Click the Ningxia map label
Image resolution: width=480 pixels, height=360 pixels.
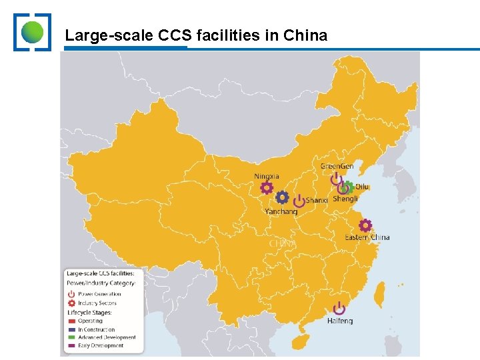pos(267,176)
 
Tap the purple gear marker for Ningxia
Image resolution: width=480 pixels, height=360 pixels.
pos(267,188)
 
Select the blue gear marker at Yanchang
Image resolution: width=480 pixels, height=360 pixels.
pos(282,197)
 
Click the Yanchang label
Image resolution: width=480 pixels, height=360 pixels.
pos(281,211)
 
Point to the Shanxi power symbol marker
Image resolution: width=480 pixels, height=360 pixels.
pos(299,201)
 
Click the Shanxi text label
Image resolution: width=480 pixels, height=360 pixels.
pos(317,200)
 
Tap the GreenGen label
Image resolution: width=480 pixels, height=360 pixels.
pos(337,166)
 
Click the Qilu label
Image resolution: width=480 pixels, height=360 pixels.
pos(362,187)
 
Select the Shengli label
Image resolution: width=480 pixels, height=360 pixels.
pos(345,199)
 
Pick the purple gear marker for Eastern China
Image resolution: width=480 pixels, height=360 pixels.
pos(365,226)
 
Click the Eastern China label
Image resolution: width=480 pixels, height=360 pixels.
pos(367,237)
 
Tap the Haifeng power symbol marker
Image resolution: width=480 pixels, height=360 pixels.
pos(339,307)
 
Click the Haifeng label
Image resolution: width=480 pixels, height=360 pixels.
pos(340,321)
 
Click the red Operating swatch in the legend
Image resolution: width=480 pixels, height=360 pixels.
pos(71,321)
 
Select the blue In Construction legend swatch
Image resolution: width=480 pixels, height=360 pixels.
pos(71,329)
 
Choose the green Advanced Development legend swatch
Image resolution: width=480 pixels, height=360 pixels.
pos(71,337)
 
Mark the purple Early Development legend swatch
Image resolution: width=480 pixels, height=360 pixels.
pos(71,345)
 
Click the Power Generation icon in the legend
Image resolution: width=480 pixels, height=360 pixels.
pos(71,294)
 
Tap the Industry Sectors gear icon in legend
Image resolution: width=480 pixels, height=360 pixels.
pos(71,303)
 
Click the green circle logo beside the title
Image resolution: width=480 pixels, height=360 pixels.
pos(32,31)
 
